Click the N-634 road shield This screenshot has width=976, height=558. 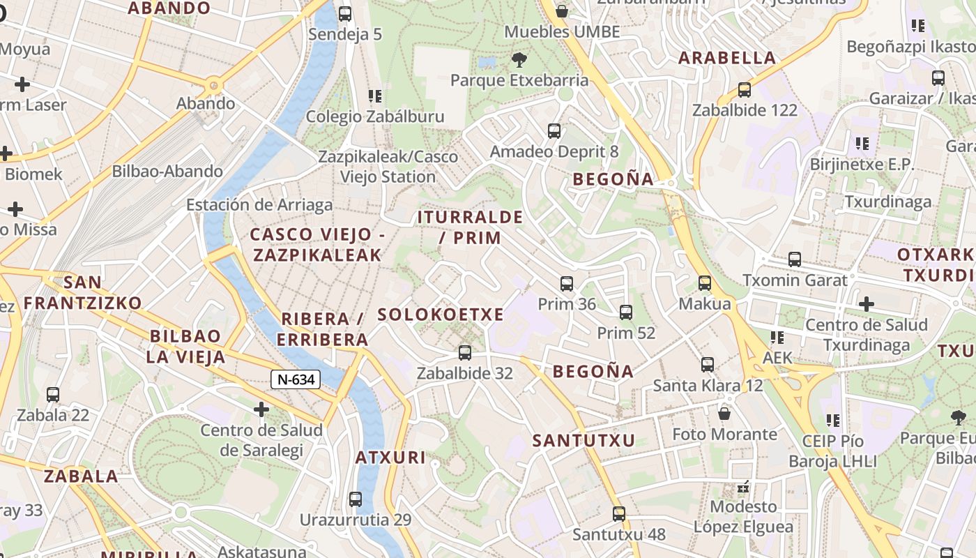(296, 379)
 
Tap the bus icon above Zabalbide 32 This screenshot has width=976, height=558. (465, 353)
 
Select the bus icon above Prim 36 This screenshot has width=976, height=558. (567, 284)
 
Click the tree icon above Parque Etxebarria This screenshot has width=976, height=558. (519, 59)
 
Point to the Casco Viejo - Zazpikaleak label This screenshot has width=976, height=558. (317, 245)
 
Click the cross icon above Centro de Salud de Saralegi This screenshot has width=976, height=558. (261, 409)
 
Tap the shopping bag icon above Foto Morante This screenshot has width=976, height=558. (724, 414)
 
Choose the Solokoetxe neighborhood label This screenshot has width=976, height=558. (441, 315)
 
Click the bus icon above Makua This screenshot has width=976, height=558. (705, 283)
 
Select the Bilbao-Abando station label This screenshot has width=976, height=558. (167, 171)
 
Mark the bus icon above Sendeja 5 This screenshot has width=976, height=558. (345, 14)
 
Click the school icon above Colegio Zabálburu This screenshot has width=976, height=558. (375, 96)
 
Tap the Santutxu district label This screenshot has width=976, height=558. (584, 441)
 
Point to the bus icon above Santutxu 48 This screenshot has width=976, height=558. (619, 514)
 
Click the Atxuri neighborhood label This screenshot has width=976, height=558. (390, 458)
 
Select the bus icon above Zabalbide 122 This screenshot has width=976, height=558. (745, 90)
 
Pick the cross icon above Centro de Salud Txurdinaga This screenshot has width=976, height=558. (867, 304)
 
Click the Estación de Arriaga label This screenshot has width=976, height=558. (259, 205)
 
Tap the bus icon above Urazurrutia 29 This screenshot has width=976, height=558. (356, 499)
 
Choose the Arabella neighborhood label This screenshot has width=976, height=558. (727, 58)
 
